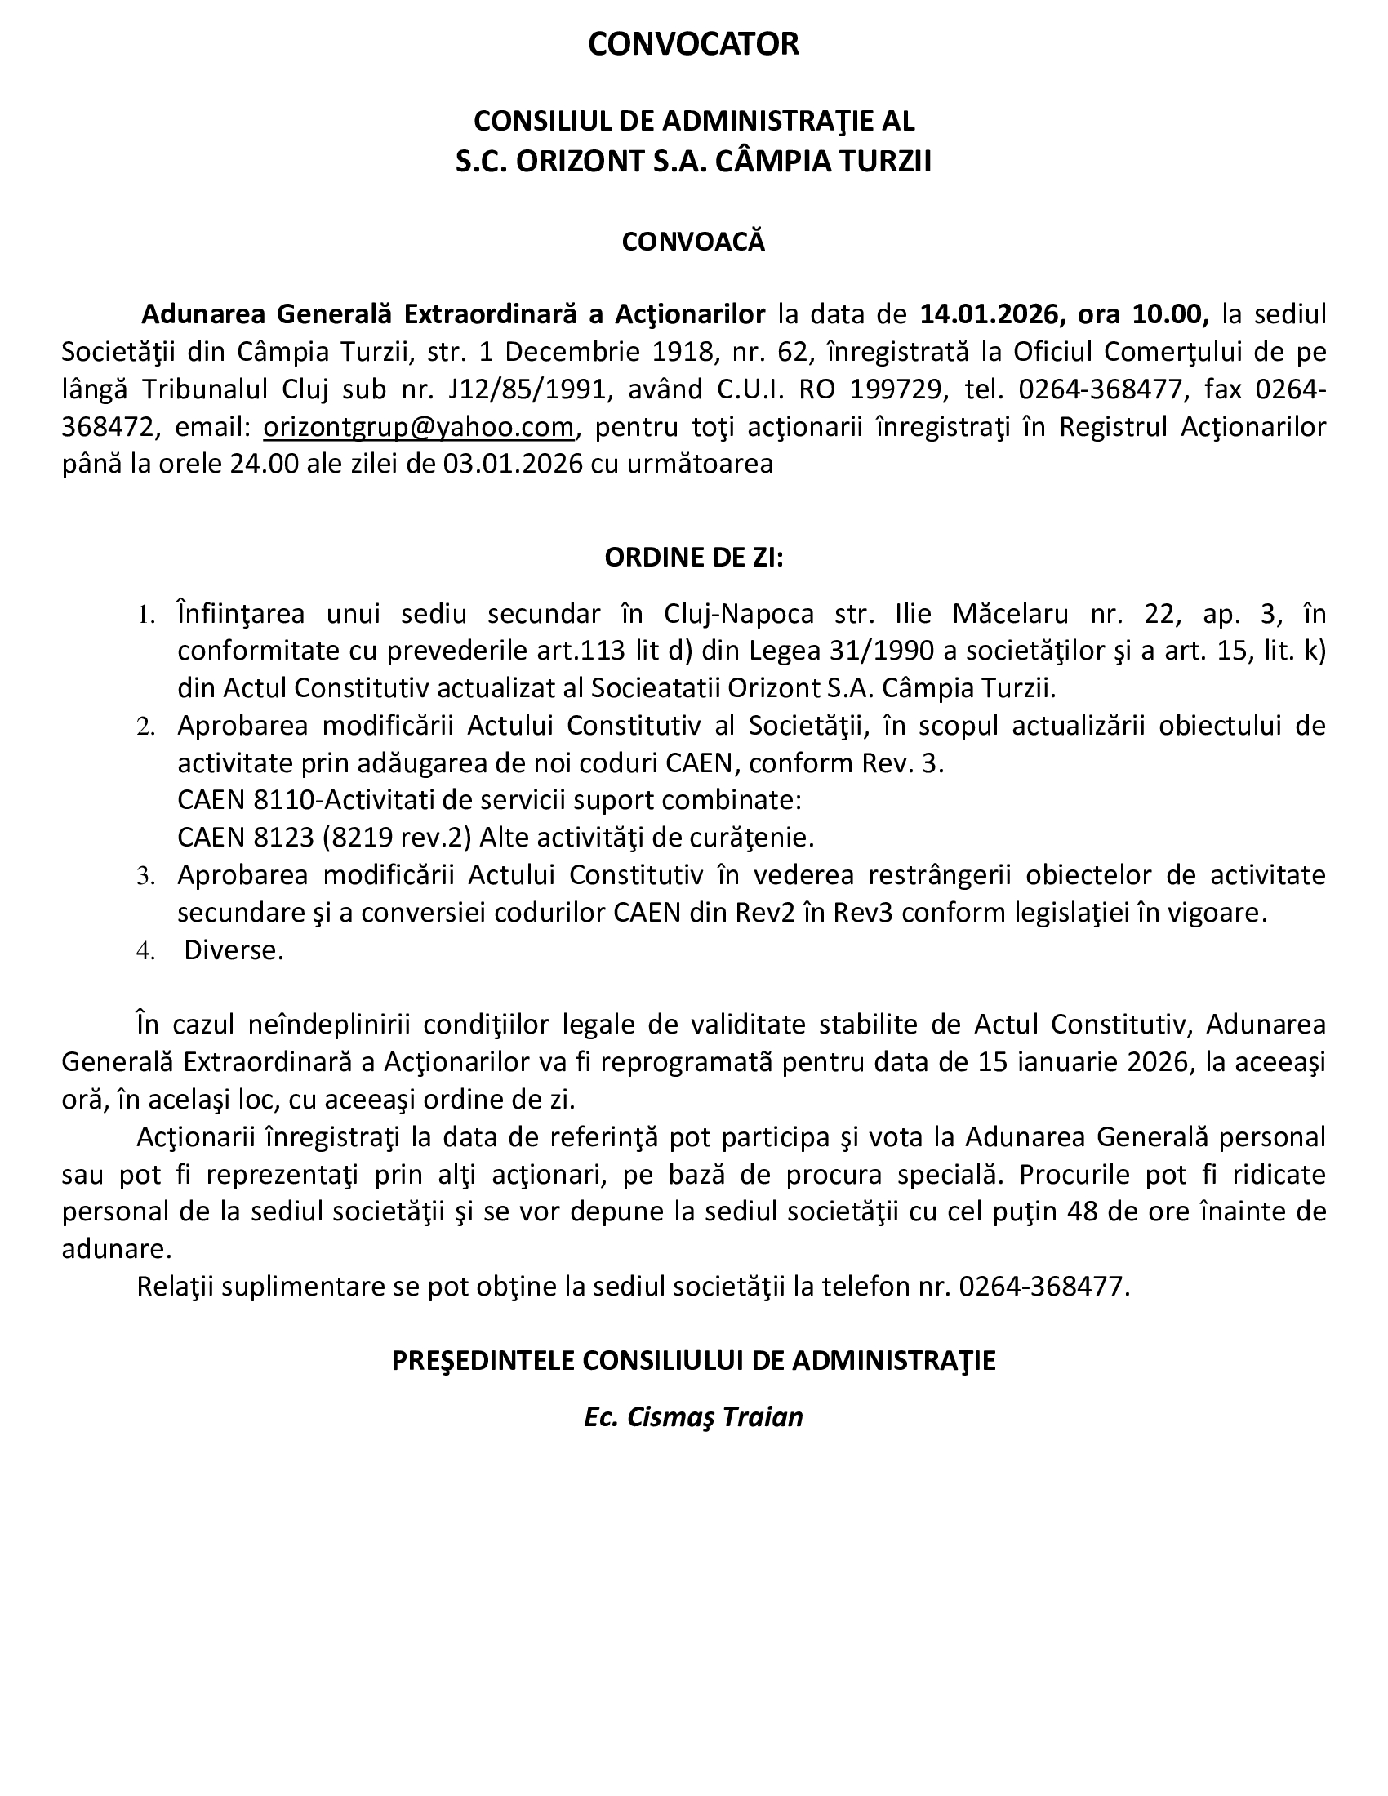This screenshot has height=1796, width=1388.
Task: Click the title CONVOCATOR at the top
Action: tap(693, 44)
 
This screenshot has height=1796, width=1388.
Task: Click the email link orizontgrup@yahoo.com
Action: tap(418, 427)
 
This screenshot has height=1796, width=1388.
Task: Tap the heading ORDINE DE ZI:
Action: tap(693, 558)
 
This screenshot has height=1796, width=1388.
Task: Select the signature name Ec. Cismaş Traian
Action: tap(693, 1417)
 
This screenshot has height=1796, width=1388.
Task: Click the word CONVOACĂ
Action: tap(693, 242)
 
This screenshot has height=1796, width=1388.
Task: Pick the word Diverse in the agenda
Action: tap(234, 949)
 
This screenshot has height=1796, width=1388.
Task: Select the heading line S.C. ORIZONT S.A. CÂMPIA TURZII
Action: tap(693, 161)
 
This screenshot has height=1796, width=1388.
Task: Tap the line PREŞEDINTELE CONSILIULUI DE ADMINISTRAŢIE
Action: tap(693, 1360)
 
